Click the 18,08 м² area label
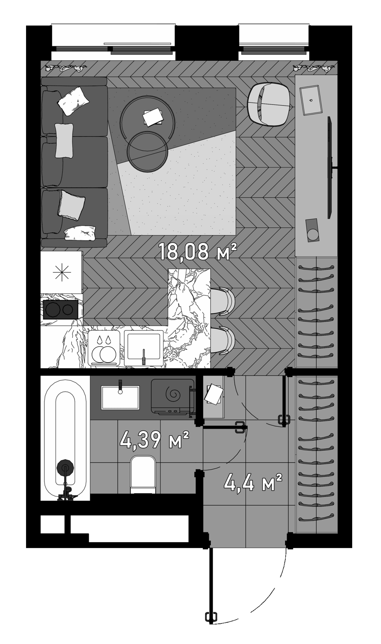198,252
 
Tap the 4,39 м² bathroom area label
154,440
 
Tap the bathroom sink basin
120,397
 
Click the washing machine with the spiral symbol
173,396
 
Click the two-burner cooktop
61,310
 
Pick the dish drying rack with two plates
104,349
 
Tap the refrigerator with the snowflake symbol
62,272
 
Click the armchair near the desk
268,104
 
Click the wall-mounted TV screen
330,167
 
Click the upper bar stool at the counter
223,301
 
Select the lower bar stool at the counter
223,340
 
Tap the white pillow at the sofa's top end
74,101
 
